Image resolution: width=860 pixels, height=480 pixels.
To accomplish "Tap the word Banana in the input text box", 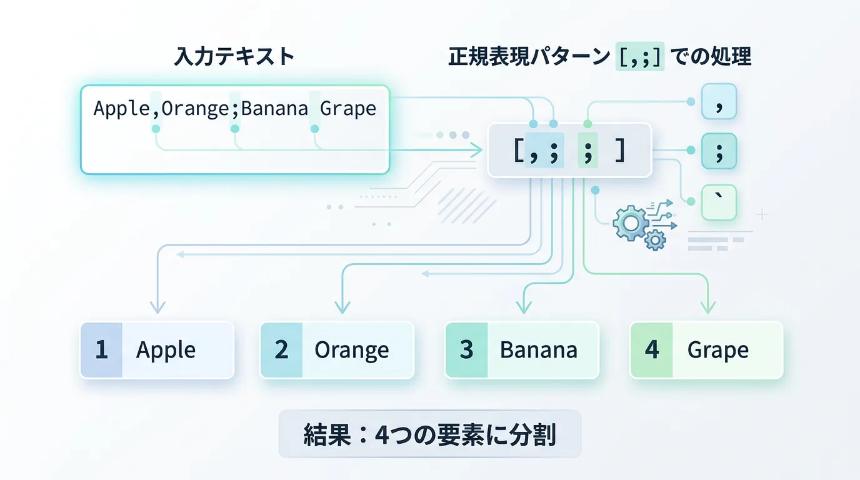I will [x=274, y=109].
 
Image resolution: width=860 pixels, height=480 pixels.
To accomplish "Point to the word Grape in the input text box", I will [x=348, y=109].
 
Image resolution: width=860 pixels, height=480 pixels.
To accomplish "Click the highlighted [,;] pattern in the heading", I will [x=639, y=57].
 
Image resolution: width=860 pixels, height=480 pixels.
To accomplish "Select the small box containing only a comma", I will [x=719, y=101].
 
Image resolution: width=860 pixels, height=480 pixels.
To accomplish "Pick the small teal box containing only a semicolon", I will [x=719, y=151].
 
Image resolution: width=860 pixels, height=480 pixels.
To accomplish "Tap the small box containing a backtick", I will [x=719, y=202].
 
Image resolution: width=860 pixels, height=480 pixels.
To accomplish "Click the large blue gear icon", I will [x=630, y=223].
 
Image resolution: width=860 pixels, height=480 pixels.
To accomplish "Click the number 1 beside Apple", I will [x=101, y=350].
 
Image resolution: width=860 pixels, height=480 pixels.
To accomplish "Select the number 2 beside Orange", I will [x=281, y=350].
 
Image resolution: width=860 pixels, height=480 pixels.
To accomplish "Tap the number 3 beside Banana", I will [x=466, y=350].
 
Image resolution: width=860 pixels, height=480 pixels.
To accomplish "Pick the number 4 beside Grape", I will [x=651, y=350].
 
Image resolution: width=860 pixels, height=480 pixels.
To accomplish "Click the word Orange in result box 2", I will [x=351, y=351].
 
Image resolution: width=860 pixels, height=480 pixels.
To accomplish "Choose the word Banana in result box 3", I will [x=538, y=351].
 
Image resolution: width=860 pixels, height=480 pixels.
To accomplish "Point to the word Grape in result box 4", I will [x=717, y=351].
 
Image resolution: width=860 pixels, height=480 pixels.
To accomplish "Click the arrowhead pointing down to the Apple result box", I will [x=157, y=307].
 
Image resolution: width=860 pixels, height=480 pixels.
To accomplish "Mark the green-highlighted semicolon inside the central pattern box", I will [x=587, y=151].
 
